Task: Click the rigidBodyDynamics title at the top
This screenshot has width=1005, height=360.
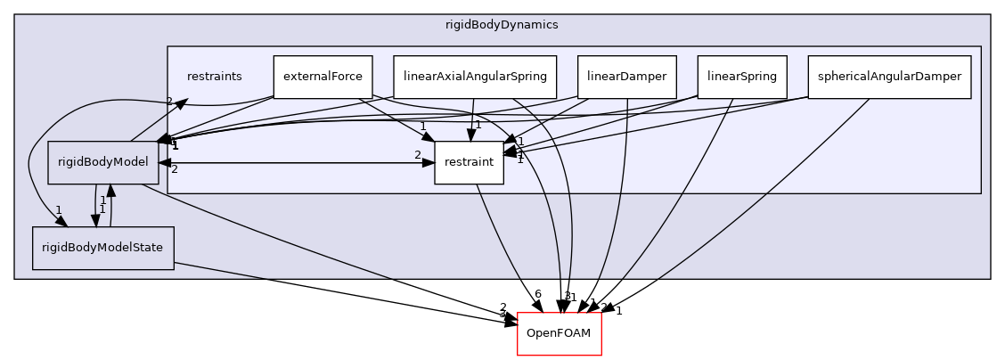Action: tap(502, 24)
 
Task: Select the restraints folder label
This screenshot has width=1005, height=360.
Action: tap(214, 77)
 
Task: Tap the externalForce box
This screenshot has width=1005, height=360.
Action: tap(322, 77)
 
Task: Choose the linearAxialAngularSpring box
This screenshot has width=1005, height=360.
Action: tap(475, 77)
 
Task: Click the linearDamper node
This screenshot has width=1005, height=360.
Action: tap(626, 77)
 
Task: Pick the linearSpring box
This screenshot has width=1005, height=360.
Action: tap(741, 77)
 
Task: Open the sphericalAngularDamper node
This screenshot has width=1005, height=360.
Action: tap(888, 77)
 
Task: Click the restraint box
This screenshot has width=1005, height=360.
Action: tap(469, 163)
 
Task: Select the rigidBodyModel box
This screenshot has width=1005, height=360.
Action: tap(102, 163)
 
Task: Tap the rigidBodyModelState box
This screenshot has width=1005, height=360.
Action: tap(102, 248)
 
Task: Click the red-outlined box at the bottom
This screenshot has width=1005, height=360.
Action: tap(559, 333)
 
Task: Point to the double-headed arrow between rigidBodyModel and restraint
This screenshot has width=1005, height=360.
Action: tap(294, 163)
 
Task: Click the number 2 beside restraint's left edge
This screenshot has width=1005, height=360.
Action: tap(417, 155)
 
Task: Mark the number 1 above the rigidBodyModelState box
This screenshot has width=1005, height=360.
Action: tap(59, 211)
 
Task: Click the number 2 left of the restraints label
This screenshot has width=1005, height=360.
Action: tap(168, 101)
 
